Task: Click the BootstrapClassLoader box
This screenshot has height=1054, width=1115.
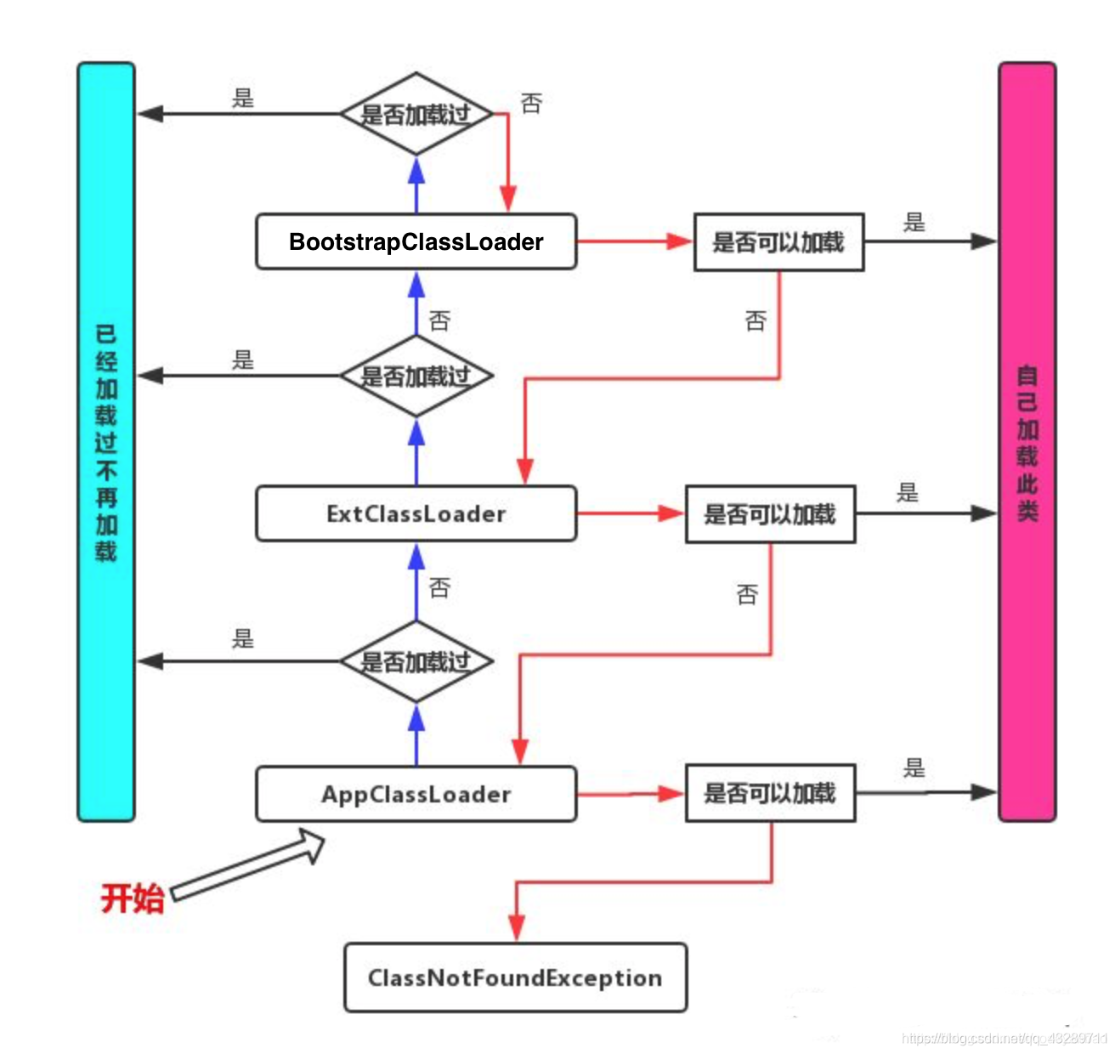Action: pyautogui.click(x=416, y=242)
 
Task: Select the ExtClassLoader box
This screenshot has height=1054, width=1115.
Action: pyautogui.click(x=416, y=514)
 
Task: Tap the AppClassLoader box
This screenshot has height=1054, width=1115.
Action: pyautogui.click(x=416, y=794)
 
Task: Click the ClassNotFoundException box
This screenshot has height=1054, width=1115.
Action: pyautogui.click(x=515, y=977)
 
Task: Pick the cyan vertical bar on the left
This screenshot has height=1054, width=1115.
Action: pyautogui.click(x=106, y=442)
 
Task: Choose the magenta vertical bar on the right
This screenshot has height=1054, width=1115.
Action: pyautogui.click(x=1027, y=442)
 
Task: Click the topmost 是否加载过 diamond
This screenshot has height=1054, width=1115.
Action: pyautogui.click(x=416, y=114)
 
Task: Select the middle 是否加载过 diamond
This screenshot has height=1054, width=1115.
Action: pyautogui.click(x=416, y=376)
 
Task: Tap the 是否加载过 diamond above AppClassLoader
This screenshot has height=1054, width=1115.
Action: pyautogui.click(x=416, y=661)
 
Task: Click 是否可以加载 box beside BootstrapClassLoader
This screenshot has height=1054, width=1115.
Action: pyautogui.click(x=778, y=242)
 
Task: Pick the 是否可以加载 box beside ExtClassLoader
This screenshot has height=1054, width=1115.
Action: pyautogui.click(x=770, y=514)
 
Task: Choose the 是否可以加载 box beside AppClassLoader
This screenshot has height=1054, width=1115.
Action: pyautogui.click(x=770, y=793)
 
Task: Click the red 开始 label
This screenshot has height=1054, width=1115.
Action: pyautogui.click(x=132, y=898)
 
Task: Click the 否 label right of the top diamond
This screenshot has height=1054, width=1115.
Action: pyautogui.click(x=531, y=104)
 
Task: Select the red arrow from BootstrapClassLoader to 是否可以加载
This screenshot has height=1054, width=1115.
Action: pyautogui.click(x=633, y=241)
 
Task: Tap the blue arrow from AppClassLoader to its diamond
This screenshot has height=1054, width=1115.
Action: pyautogui.click(x=416, y=735)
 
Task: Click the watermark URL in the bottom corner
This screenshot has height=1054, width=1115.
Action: pyautogui.click(x=1003, y=1038)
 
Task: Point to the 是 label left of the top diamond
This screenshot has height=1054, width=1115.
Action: pyautogui.click(x=243, y=99)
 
